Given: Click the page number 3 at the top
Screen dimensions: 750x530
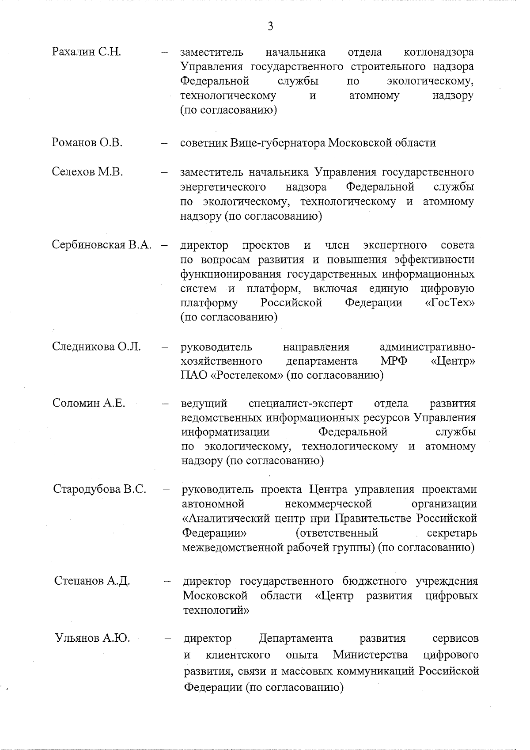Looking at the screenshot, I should tap(270, 27).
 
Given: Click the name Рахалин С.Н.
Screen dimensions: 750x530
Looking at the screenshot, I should tap(87, 52).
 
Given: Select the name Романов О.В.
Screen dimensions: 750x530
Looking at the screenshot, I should tap(87, 143).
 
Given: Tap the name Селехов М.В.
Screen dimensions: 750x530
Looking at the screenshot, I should tap(87, 172).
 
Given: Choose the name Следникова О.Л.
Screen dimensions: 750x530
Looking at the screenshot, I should tap(97, 346).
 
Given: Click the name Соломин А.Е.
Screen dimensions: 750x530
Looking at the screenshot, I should tap(89, 403).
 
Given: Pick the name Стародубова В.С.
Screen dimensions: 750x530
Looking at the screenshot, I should tap(100, 489).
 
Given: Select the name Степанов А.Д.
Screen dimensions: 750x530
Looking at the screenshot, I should tap(92, 581).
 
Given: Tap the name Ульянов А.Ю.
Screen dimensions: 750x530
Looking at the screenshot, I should tap(92, 638).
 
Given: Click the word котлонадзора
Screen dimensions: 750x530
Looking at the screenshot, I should tap(439, 52).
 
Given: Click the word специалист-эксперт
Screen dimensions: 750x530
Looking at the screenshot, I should tap(301, 403).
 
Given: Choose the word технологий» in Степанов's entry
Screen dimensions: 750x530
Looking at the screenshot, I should tap(216, 610).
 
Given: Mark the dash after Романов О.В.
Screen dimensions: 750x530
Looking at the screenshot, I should tap(164, 144).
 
